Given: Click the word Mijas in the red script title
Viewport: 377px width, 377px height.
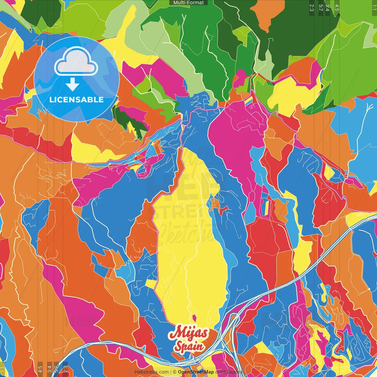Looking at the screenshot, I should point(188,333).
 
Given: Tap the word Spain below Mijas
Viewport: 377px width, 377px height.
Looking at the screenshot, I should point(189,347).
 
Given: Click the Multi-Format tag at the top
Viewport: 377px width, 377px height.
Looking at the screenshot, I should point(188,3).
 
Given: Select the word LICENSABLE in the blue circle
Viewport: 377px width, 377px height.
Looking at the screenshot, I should point(77,100).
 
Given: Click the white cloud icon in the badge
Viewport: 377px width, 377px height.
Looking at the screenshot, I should point(76,62).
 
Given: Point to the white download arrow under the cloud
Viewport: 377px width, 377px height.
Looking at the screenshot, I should point(72,84).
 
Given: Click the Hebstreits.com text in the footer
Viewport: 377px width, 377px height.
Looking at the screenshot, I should point(151,372).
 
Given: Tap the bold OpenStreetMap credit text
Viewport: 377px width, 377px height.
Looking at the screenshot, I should point(196,372).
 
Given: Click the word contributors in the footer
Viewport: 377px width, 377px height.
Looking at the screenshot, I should point(229,372).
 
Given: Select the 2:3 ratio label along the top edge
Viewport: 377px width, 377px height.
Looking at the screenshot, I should point(312,7).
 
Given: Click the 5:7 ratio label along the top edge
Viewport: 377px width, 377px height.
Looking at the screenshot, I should point(320,7).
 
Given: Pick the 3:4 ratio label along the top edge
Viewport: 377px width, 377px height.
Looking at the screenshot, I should point(328,7).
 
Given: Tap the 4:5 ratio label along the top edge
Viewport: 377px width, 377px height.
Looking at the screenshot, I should point(337,7).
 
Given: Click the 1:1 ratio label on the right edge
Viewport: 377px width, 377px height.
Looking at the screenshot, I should point(374,7).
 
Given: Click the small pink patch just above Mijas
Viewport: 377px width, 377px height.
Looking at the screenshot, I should point(194,318).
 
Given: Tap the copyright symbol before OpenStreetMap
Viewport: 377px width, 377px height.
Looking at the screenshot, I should point(175,372).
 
